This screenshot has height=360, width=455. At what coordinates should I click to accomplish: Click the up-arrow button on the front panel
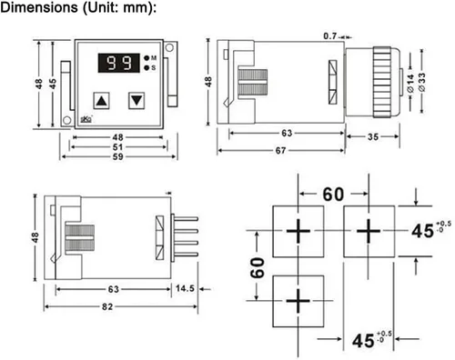click(x=101, y=101)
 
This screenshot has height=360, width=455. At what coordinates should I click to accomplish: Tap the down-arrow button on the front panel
click(x=136, y=101)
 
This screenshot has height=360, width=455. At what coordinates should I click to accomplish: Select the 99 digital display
click(x=119, y=63)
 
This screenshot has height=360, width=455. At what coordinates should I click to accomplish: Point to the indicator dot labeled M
click(x=147, y=58)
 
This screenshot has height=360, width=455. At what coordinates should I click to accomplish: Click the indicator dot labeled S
click(x=147, y=68)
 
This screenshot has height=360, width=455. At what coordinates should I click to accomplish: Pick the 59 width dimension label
click(x=118, y=156)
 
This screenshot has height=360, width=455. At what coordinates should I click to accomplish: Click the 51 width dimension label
click(x=118, y=147)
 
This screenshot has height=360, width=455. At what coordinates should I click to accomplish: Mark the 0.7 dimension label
click(x=330, y=36)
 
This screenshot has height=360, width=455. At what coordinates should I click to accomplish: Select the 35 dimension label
click(x=373, y=137)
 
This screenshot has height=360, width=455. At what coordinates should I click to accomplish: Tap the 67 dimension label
click(x=280, y=150)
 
